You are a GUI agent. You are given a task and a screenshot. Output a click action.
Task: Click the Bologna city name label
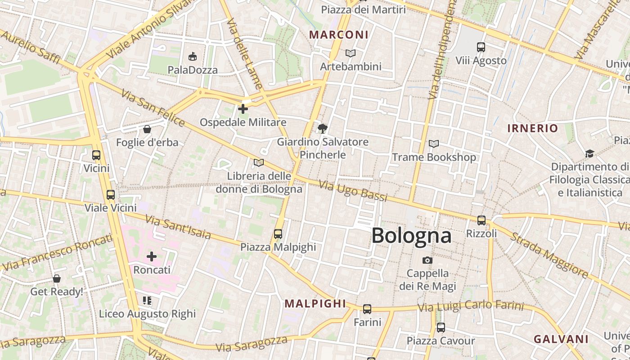click(x=411, y=236)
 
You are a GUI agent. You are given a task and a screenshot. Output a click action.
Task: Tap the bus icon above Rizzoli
click(x=481, y=220)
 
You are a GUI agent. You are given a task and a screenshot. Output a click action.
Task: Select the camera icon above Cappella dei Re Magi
click(x=427, y=260)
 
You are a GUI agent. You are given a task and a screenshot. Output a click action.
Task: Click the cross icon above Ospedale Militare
click(x=243, y=109)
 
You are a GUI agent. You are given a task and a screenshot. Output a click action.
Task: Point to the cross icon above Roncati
click(x=152, y=256)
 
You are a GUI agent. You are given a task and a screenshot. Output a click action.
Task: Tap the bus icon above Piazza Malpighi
click(x=278, y=234)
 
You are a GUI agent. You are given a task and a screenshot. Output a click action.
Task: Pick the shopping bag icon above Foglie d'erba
click(x=147, y=130)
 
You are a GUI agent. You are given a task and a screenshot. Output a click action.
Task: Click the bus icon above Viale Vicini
click(x=111, y=195)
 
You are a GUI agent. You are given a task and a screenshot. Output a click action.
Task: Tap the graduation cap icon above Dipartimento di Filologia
click(x=589, y=154)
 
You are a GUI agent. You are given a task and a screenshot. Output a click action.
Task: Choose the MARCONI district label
click(x=339, y=35)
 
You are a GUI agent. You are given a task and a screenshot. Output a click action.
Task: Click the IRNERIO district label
click(x=532, y=128)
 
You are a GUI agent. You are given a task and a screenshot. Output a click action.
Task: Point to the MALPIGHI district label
click(x=315, y=304)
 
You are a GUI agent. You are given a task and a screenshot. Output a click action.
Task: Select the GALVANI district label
click(x=561, y=339)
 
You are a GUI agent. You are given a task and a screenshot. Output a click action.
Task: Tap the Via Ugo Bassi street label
click(x=353, y=191)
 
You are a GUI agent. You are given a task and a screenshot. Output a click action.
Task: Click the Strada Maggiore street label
click(x=549, y=255)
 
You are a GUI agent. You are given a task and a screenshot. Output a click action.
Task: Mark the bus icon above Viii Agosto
click(x=481, y=47)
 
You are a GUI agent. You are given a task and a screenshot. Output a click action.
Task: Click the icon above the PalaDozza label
click(x=193, y=56)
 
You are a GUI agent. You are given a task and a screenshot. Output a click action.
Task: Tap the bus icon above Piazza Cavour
click(x=441, y=328)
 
